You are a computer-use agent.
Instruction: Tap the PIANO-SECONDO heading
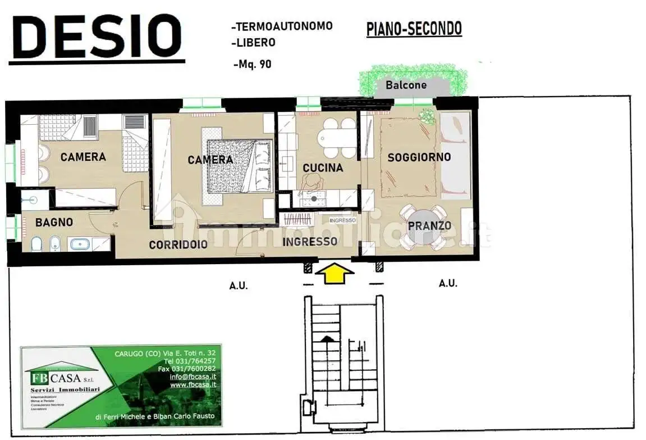(x=414, y=29)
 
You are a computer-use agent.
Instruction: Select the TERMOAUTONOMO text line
(x=282, y=26)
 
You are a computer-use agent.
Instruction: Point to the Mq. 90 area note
(x=252, y=64)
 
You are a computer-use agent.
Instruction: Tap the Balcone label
(x=406, y=85)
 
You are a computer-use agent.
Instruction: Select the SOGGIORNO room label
(x=419, y=157)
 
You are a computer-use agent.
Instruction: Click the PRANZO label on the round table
(x=429, y=225)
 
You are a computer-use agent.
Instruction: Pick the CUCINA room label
(x=322, y=167)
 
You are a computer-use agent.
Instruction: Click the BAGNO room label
(x=54, y=223)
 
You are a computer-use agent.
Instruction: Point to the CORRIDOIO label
(x=178, y=244)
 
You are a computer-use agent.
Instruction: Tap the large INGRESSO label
(x=310, y=242)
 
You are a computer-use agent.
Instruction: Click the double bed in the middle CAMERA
(x=240, y=166)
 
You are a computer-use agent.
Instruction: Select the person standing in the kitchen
(x=310, y=182)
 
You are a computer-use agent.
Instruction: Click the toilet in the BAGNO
(x=36, y=243)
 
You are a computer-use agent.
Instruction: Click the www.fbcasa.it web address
(x=193, y=384)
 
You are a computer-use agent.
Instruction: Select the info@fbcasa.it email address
(x=193, y=377)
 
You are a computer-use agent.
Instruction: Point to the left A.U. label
(x=239, y=286)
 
